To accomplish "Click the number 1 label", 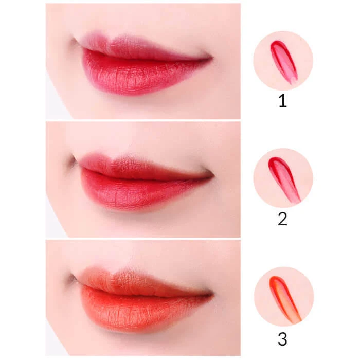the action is (x=283, y=101).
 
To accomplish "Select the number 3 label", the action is (x=282, y=339).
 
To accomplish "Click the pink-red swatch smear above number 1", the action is (x=284, y=62).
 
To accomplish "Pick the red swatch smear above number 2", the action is (x=284, y=179).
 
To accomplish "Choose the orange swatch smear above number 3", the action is (x=285, y=298).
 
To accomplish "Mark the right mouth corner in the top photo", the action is (x=212, y=58).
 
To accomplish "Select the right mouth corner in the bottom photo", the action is (x=212, y=294).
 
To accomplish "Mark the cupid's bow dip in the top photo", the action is (x=109, y=41).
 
